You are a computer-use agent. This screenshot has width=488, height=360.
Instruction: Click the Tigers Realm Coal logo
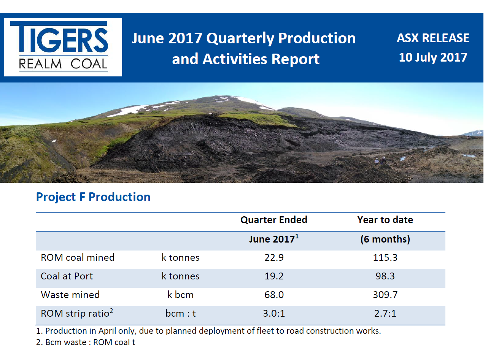[63, 47]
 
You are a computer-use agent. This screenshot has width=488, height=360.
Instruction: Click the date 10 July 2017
[433, 57]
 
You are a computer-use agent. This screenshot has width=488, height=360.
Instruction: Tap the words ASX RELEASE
[433, 38]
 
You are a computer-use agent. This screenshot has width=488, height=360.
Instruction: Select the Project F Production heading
[93, 197]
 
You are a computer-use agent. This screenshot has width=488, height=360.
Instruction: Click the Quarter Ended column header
[274, 220]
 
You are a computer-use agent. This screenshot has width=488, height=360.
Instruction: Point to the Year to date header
[385, 220]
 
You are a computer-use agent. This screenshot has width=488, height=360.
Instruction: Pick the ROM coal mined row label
[78, 257]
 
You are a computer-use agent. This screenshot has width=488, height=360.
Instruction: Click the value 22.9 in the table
[274, 257]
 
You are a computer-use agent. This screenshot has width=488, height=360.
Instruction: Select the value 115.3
[385, 257]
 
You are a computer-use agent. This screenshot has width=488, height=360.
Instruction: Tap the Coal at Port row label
[67, 276]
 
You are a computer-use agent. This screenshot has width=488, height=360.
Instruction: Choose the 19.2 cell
[274, 276]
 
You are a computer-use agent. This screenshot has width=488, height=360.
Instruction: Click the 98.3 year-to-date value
[385, 276]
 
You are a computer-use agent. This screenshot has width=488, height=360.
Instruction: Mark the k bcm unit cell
[180, 295]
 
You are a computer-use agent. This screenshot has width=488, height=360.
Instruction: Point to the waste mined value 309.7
[385, 295]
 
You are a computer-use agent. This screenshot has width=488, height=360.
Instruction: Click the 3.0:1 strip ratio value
[274, 313]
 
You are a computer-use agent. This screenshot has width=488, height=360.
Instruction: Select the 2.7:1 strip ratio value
[385, 313]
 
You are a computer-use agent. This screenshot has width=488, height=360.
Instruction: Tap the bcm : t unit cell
[180, 313]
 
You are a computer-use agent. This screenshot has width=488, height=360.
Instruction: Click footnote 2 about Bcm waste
[86, 343]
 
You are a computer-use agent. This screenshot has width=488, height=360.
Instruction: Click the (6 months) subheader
[385, 239]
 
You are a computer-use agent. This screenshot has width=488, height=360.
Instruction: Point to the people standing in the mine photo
[380, 160]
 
